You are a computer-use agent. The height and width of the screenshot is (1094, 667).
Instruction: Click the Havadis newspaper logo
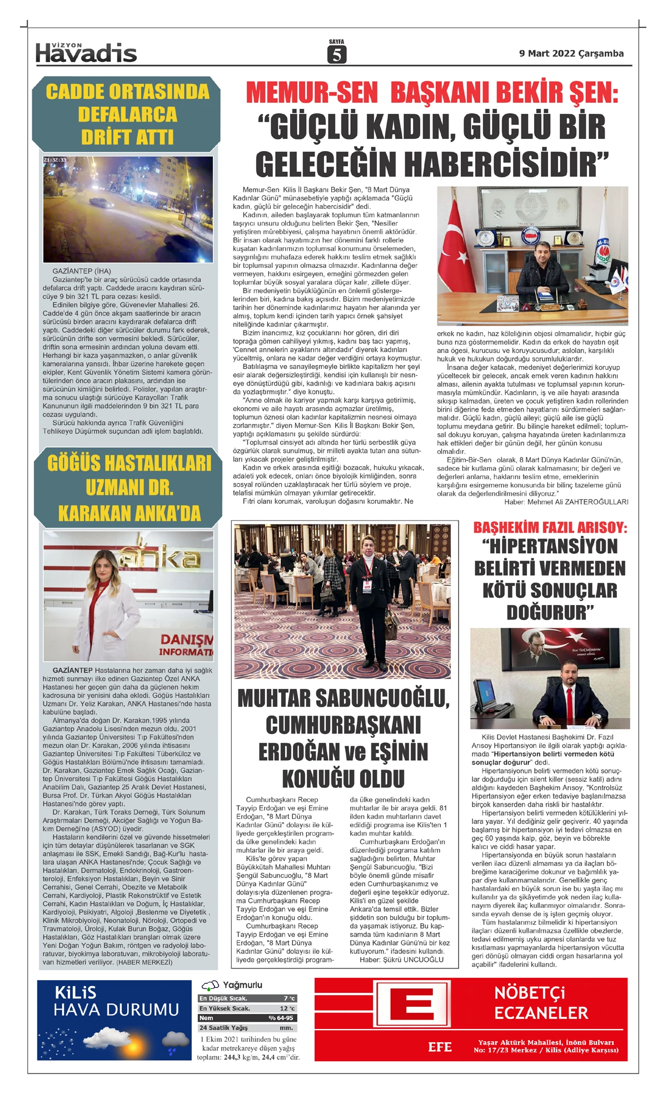pyautogui.click(x=86, y=53)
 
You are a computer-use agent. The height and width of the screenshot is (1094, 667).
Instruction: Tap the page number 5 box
pyautogui.click(x=336, y=54)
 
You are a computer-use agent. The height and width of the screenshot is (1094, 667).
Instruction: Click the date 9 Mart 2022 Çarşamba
pyautogui.click(x=571, y=54)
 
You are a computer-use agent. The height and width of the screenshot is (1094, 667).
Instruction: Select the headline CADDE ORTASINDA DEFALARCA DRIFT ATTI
pyautogui.click(x=127, y=114)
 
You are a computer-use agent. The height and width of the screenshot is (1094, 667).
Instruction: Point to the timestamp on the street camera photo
pyautogui.click(x=55, y=160)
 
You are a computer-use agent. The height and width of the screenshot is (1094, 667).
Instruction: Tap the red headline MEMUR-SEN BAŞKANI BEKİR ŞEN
pyautogui.click(x=432, y=93)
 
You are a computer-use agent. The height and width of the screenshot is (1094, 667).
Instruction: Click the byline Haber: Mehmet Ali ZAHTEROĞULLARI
pyautogui.click(x=566, y=502)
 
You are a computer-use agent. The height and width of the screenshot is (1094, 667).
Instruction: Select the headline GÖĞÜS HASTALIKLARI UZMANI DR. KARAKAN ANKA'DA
pyautogui.click(x=129, y=488)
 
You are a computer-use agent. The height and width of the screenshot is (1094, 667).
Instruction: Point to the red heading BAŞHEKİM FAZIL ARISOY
pyautogui.click(x=550, y=527)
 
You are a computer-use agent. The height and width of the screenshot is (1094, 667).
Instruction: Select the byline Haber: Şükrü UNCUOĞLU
pyautogui.click(x=401, y=960)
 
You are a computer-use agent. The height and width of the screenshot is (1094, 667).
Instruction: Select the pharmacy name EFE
pyautogui.click(x=440, y=1047)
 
